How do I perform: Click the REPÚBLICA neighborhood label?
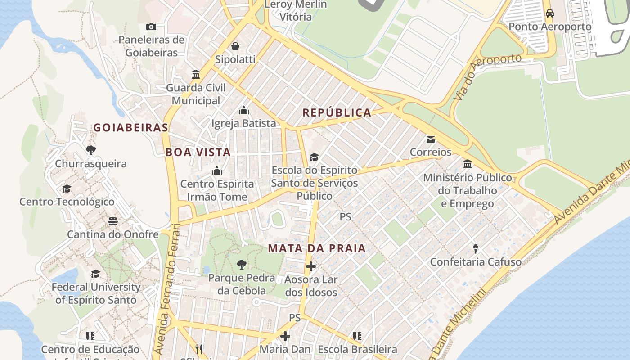click(x=337, y=113)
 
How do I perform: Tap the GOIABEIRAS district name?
click(x=130, y=128)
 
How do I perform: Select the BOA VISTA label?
click(x=198, y=153)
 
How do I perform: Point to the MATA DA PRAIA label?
click(x=317, y=248)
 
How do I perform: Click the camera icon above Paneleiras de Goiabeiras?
click(x=151, y=27)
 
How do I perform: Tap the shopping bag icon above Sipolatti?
click(x=235, y=46)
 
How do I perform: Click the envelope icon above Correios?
click(x=431, y=139)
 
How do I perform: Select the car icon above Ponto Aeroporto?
click(x=550, y=13)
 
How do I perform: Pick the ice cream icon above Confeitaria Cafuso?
click(x=476, y=248)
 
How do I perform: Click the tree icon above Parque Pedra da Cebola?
click(x=242, y=265)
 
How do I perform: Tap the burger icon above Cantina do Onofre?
click(x=112, y=221)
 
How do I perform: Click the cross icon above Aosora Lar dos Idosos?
click(x=310, y=266)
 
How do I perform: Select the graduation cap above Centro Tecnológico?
click(x=67, y=189)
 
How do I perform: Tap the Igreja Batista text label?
click(x=243, y=123)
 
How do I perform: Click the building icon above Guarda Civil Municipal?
click(x=196, y=74)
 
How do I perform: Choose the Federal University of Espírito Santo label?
click(x=96, y=293)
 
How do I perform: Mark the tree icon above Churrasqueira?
click(x=91, y=150)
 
